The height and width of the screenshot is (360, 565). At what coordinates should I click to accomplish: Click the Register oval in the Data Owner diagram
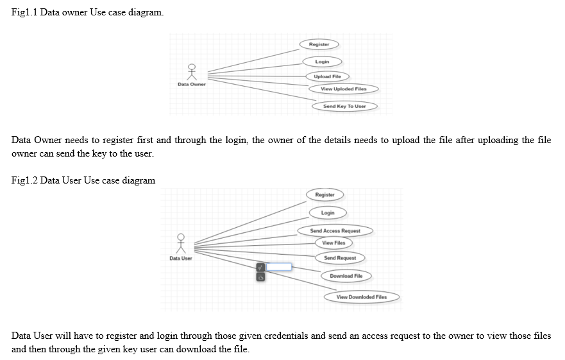coord(319,44)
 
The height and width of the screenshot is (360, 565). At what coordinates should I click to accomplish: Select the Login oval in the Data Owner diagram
coord(322,62)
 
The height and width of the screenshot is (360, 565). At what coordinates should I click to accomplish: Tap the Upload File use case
coord(327,76)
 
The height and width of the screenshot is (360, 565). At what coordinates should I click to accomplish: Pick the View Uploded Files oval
coord(344,89)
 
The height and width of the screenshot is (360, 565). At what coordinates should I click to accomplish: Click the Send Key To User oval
coord(344,106)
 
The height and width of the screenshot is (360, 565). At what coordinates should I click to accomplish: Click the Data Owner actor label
coord(192,84)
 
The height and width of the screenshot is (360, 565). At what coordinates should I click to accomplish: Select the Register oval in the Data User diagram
coord(325,194)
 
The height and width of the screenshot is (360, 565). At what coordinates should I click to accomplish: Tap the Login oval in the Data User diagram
coord(328,212)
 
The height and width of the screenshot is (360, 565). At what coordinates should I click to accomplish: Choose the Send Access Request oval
coord(335,230)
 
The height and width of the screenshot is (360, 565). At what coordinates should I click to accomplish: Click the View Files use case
coord(333,243)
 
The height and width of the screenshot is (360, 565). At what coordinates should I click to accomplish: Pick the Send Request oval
coord(340,257)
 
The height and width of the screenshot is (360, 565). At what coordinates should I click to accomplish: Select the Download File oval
coord(346,276)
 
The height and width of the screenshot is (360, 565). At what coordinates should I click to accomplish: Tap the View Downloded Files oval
coord(362,297)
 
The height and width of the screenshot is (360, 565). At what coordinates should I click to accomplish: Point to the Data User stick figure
coord(181,244)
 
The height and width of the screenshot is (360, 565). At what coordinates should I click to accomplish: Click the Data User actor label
coord(181,258)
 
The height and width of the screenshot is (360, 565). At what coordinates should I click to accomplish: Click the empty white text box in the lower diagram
coord(279,266)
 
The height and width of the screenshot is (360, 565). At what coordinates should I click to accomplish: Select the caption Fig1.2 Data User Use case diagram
coord(83,180)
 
